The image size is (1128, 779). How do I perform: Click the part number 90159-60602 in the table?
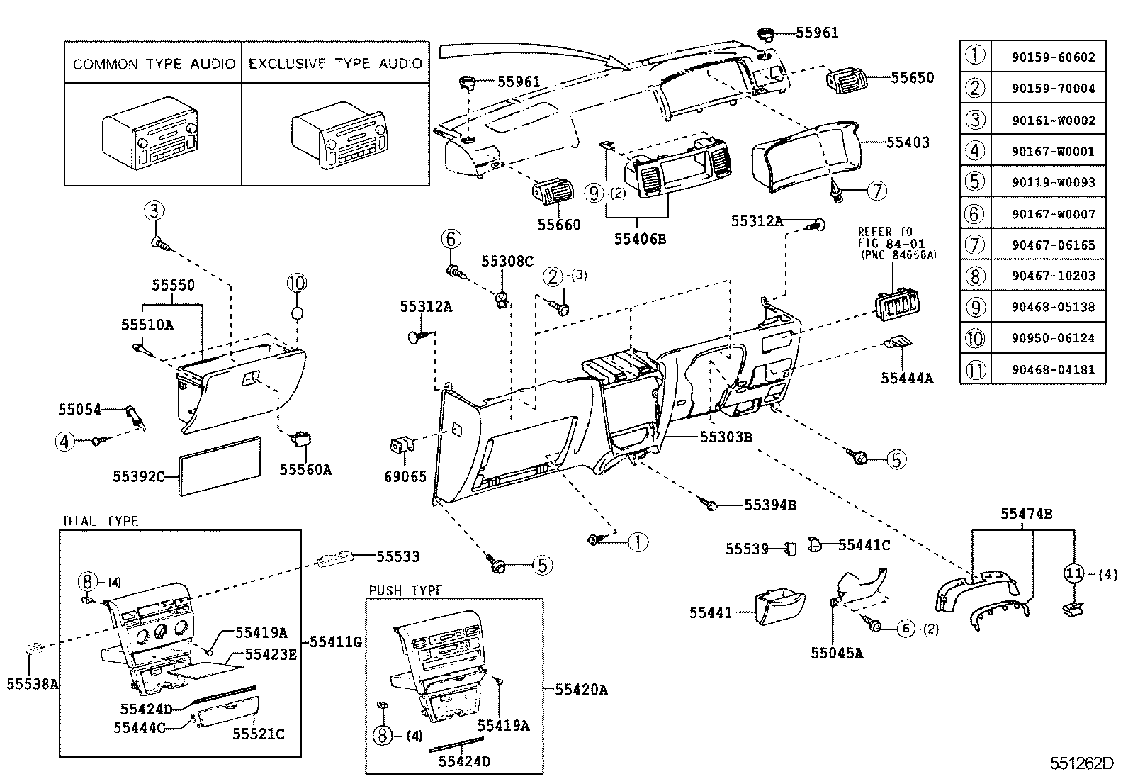(x=1053, y=57)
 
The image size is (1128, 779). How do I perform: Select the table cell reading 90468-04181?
(x=1053, y=369)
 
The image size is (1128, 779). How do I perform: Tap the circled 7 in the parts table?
(x=976, y=245)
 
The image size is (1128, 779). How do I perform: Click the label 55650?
(x=912, y=78)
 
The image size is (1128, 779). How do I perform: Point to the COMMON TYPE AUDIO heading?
(x=154, y=64)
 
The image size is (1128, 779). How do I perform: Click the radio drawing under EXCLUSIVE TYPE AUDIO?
(x=337, y=140)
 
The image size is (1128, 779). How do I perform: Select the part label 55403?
(x=908, y=142)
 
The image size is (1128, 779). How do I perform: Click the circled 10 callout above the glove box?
(x=296, y=284)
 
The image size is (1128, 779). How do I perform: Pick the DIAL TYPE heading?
(x=101, y=521)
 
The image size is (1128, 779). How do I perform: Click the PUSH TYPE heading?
(x=406, y=590)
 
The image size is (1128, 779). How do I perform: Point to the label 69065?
(x=405, y=476)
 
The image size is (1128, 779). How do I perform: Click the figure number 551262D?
(x=1081, y=763)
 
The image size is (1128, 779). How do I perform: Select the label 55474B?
(x=1026, y=514)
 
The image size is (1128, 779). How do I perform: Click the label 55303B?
(x=726, y=437)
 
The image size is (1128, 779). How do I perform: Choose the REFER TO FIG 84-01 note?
(x=896, y=243)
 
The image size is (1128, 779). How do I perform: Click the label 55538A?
(x=33, y=684)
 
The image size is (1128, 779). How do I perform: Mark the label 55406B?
(x=640, y=239)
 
